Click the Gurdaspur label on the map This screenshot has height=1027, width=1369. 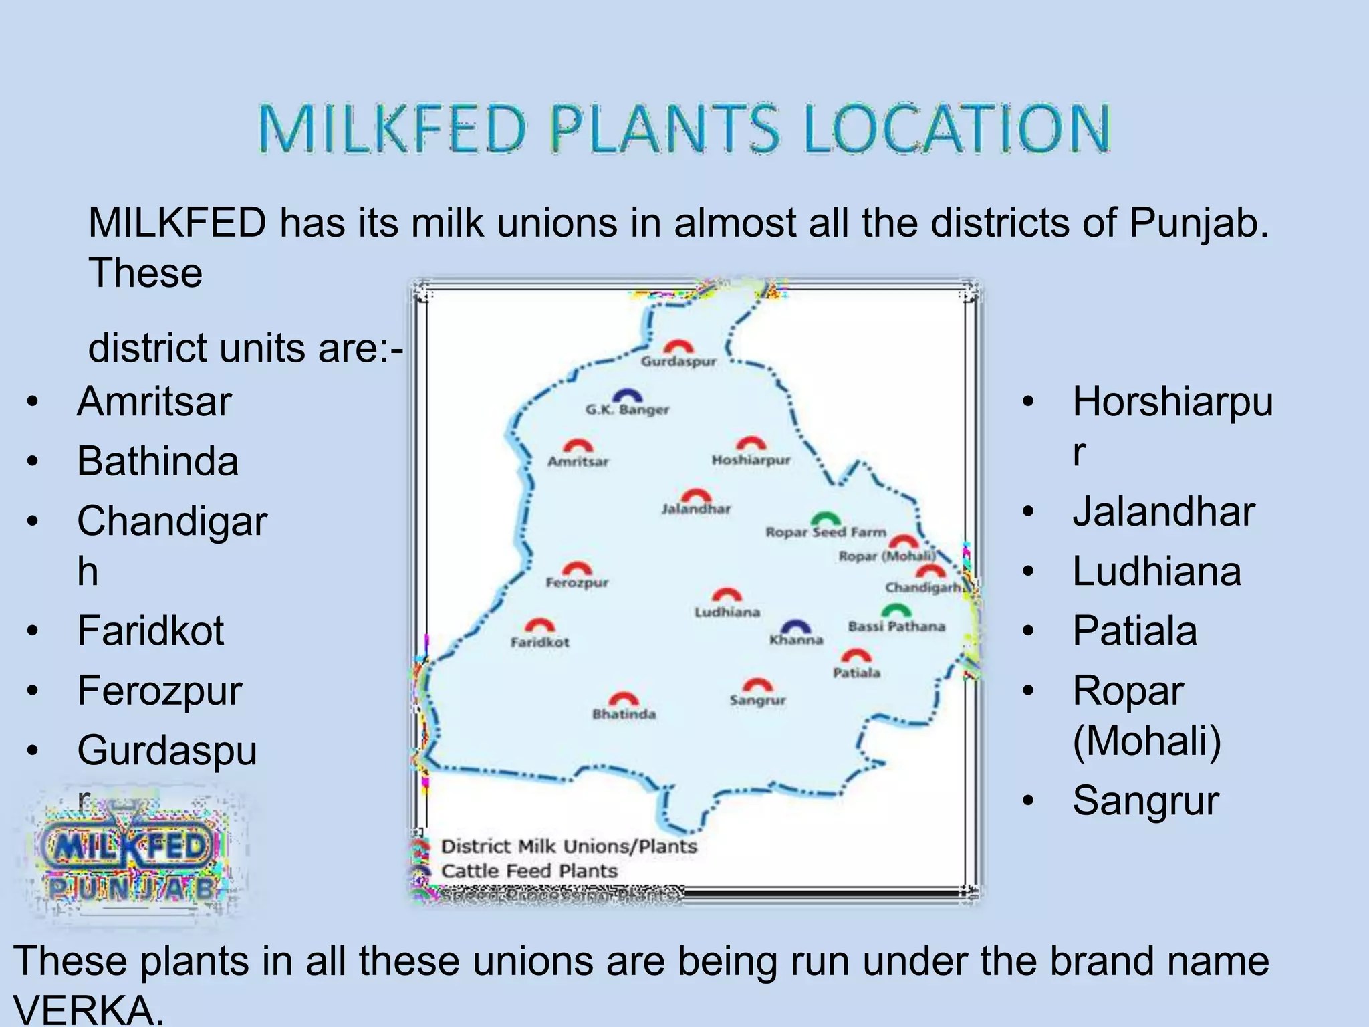(678, 362)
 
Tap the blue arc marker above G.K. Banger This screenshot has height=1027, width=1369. (627, 395)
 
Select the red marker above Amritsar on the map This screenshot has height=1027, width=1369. (578, 446)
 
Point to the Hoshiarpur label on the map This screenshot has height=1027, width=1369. (751, 460)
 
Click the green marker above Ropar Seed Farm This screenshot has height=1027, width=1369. (826, 518)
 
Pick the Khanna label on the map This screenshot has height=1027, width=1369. (795, 640)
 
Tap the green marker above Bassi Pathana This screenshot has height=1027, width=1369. (896, 610)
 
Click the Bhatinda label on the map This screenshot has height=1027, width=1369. (624, 714)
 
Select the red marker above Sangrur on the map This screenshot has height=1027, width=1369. (757, 685)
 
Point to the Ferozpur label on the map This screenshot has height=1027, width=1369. (577, 582)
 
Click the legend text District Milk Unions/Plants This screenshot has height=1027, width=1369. (569, 846)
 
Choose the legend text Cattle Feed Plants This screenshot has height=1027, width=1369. (529, 871)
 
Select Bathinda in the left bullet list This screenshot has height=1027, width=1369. (158, 461)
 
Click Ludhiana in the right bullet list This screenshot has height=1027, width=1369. (1156, 572)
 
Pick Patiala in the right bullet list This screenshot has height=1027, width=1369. (1134, 631)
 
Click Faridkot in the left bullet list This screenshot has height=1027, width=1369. (150, 631)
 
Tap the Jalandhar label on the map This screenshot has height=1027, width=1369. (696, 509)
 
